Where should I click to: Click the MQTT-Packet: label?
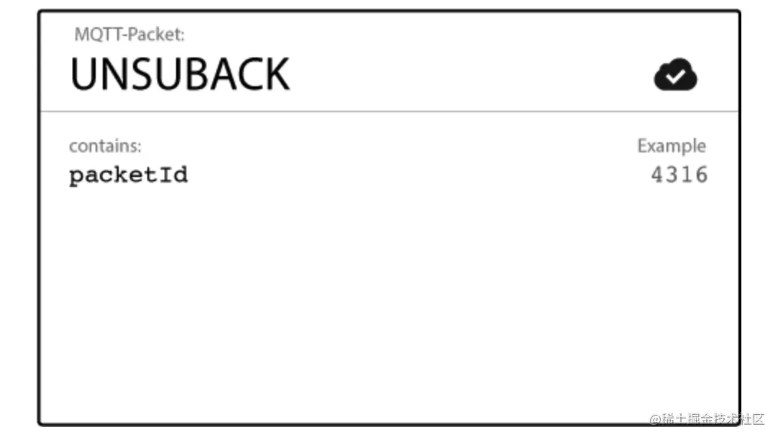tap(129, 35)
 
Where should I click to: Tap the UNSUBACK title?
tap(180, 74)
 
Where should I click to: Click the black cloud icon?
tap(675, 74)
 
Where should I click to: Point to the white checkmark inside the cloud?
tap(674, 76)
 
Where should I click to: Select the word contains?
tap(105, 146)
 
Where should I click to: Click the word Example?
tap(672, 146)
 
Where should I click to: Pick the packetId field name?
tap(129, 175)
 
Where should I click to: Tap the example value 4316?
tap(679, 175)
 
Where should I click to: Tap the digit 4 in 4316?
tap(657, 175)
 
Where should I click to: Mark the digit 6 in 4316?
tap(701, 175)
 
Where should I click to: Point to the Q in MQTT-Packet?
tap(97, 35)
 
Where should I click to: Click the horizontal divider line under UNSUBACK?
tap(390, 111)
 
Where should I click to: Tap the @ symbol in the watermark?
tap(655, 419)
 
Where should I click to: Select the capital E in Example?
tap(642, 145)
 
